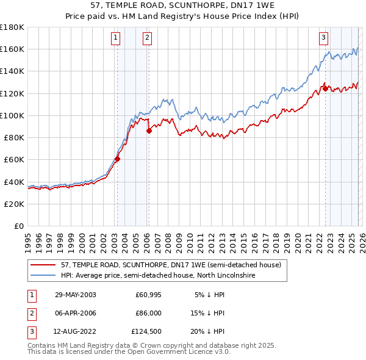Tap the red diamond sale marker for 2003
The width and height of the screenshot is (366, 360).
click(117, 159)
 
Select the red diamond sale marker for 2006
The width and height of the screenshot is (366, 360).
click(148, 131)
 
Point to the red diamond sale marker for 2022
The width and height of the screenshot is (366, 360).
click(325, 88)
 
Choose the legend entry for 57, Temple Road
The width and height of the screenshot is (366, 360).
click(171, 265)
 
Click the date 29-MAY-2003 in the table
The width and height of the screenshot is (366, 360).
click(75, 295)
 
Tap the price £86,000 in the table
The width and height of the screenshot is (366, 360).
click(149, 314)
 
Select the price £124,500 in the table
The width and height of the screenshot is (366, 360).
click(147, 333)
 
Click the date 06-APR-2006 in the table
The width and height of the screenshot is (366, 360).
click(75, 314)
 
